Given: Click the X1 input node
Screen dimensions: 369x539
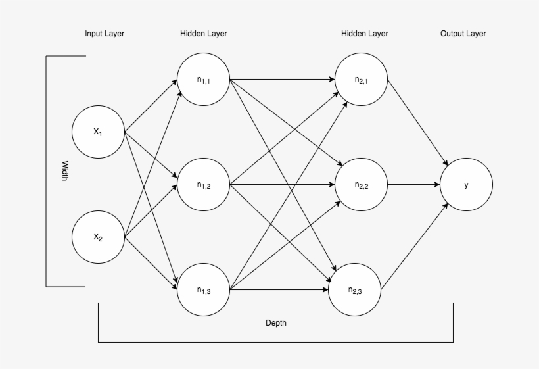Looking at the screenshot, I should point(98,132).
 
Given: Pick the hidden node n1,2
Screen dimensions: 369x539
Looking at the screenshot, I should point(203,185).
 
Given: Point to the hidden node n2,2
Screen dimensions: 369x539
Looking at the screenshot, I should point(361,185).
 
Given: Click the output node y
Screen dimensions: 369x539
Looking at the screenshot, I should point(466,185).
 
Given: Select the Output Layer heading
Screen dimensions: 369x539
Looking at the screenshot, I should point(463,34).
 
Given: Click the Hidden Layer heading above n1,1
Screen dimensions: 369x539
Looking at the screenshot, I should point(204,34).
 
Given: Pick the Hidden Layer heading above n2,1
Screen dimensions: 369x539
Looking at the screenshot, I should point(365,34).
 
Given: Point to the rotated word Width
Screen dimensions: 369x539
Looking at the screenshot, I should point(64,172).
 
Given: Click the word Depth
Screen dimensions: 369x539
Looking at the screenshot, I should point(275,323).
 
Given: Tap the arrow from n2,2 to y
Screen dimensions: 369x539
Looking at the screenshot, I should point(414,185).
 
